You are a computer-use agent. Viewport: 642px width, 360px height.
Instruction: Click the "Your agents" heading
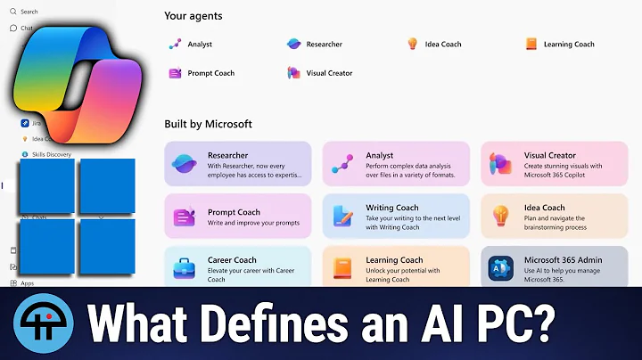[x=193, y=16]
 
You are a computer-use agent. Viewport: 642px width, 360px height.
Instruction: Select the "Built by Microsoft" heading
[x=208, y=124]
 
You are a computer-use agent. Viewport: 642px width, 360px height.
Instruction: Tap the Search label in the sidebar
[x=29, y=12]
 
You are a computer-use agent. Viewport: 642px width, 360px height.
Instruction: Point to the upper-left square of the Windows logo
[x=46, y=186]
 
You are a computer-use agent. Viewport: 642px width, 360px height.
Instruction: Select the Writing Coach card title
[x=392, y=208]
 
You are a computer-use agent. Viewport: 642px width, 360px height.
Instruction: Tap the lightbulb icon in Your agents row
[x=412, y=44]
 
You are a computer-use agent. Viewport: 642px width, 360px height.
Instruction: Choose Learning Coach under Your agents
[x=569, y=44]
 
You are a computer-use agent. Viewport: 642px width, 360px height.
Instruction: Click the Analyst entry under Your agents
[x=200, y=44]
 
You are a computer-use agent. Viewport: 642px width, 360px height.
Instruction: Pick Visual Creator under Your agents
[x=329, y=73]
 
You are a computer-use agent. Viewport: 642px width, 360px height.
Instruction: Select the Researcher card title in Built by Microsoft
[x=227, y=155]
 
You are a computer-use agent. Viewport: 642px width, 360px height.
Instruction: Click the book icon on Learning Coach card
[x=342, y=266]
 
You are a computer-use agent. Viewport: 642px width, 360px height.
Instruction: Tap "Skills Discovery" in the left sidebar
[x=52, y=154]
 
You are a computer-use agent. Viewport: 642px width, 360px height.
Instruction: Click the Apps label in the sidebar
[x=28, y=283]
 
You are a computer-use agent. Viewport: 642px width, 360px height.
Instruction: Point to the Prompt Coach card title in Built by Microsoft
[x=234, y=212]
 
